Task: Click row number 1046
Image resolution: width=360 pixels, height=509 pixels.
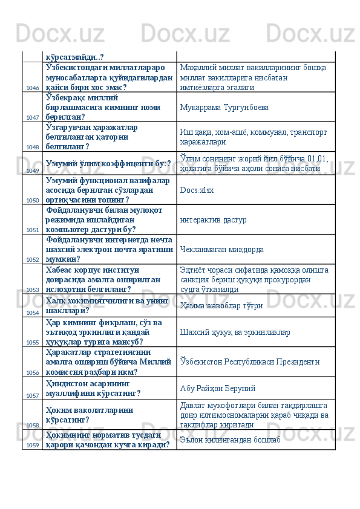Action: coord(33,88)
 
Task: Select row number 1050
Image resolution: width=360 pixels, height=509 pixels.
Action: coord(33,199)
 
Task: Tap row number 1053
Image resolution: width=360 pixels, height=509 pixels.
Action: coord(33,290)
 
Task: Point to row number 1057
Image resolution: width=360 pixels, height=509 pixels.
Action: coord(33,395)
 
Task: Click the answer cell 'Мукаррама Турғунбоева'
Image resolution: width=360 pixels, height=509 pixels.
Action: coord(215,107)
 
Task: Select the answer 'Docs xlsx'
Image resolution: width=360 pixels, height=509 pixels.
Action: coord(197,190)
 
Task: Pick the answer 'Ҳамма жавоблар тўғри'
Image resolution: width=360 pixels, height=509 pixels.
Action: coord(218,306)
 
